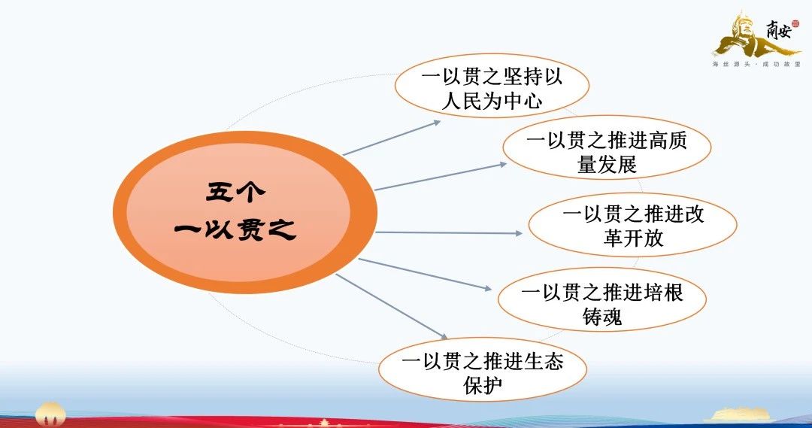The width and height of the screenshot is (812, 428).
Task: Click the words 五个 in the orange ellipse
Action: click(235, 193)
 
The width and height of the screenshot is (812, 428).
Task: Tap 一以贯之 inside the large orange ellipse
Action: click(235, 229)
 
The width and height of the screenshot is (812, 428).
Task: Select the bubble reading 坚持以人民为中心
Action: click(492, 86)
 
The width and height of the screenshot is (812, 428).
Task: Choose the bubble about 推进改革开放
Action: click(633, 225)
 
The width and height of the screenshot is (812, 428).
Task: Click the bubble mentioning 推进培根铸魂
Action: click(602, 300)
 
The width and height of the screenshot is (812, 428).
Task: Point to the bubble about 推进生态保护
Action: click(483, 369)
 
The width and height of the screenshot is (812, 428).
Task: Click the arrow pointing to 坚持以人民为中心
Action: click(392, 138)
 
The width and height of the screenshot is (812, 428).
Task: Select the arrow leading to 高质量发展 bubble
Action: click(441, 177)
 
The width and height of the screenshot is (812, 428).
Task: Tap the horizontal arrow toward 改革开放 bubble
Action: click(448, 232)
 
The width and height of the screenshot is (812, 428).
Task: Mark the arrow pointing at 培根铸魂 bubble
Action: click(425, 274)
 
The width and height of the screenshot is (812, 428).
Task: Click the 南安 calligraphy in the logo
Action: click(779, 31)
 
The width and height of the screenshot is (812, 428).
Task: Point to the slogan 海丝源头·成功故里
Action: click(756, 64)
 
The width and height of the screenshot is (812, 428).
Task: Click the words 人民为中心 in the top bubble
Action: click(492, 99)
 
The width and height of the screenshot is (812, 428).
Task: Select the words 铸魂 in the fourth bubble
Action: click(602, 316)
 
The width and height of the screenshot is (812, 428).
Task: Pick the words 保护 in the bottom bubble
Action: click(483, 384)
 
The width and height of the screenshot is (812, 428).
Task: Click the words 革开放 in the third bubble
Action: click(633, 238)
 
